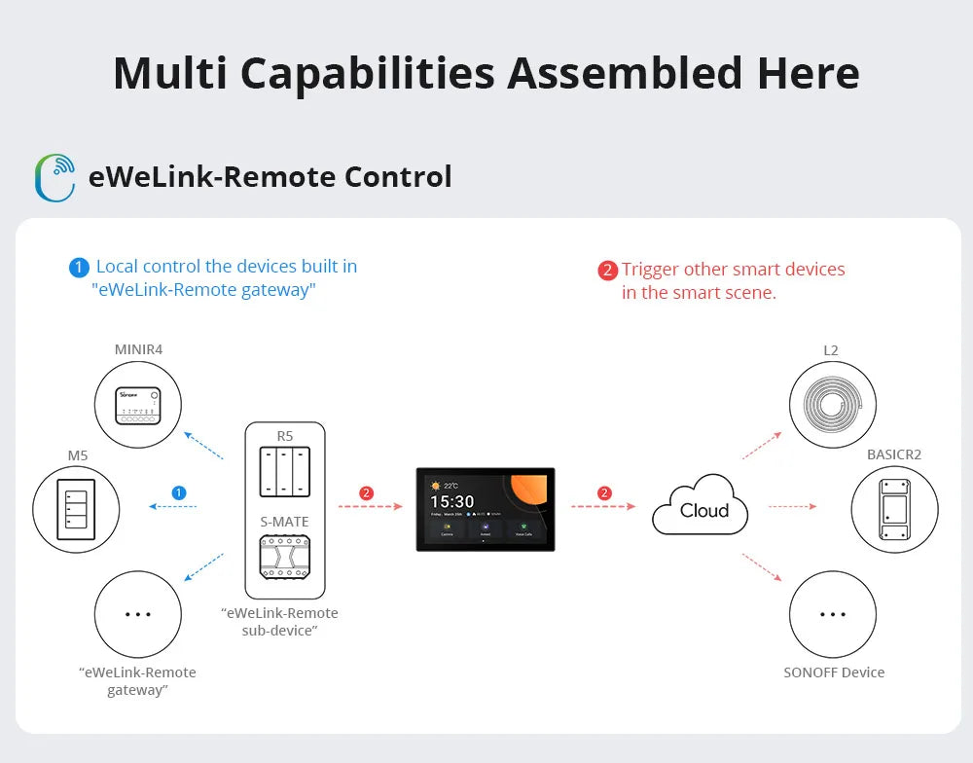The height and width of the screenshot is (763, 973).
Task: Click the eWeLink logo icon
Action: click(54, 177)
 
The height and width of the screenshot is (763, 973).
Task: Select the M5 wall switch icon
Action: click(76, 509)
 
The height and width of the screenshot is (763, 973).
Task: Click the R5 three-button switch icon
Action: click(284, 472)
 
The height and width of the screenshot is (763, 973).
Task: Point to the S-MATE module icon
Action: click(284, 563)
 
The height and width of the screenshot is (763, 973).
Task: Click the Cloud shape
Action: click(703, 507)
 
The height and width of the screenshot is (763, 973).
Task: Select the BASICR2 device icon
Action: click(894, 509)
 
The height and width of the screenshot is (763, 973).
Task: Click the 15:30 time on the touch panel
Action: click(452, 502)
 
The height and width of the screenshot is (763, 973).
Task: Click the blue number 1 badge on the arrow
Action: click(178, 493)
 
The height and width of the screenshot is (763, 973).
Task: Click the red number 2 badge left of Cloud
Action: click(604, 493)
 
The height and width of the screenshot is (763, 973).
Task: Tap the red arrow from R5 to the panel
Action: click(370, 507)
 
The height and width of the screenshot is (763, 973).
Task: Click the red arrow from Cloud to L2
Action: click(762, 445)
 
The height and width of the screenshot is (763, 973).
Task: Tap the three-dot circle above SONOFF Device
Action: click(832, 614)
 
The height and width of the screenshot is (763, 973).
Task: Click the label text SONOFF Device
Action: click(834, 672)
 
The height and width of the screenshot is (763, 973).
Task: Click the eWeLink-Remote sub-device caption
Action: click(280, 622)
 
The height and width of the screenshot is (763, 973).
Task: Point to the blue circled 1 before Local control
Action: click(79, 267)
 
